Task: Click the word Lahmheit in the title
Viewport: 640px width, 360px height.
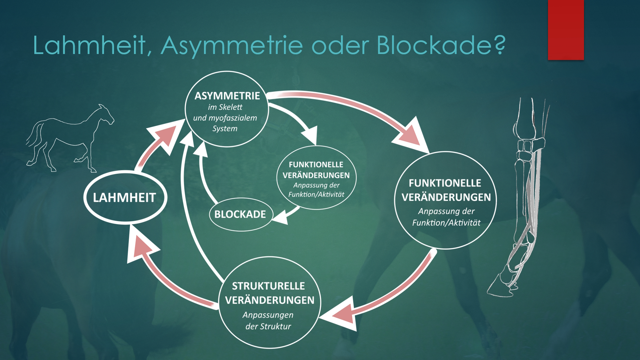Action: (89, 45)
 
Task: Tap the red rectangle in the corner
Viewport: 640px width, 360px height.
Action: (566, 30)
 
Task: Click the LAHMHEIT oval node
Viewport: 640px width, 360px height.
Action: (125, 197)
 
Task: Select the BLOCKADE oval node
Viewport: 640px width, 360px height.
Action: (240, 214)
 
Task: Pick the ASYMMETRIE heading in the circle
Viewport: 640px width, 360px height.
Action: (227, 96)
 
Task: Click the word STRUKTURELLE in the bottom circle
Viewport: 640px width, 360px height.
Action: (268, 286)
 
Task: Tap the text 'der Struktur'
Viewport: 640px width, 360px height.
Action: (268, 326)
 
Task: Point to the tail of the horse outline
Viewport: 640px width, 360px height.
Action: (33, 137)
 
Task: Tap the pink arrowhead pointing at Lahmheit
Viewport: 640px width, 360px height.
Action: (140, 247)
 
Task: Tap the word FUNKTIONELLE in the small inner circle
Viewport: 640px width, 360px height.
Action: (316, 165)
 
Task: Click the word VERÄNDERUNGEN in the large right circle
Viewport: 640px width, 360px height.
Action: (446, 197)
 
